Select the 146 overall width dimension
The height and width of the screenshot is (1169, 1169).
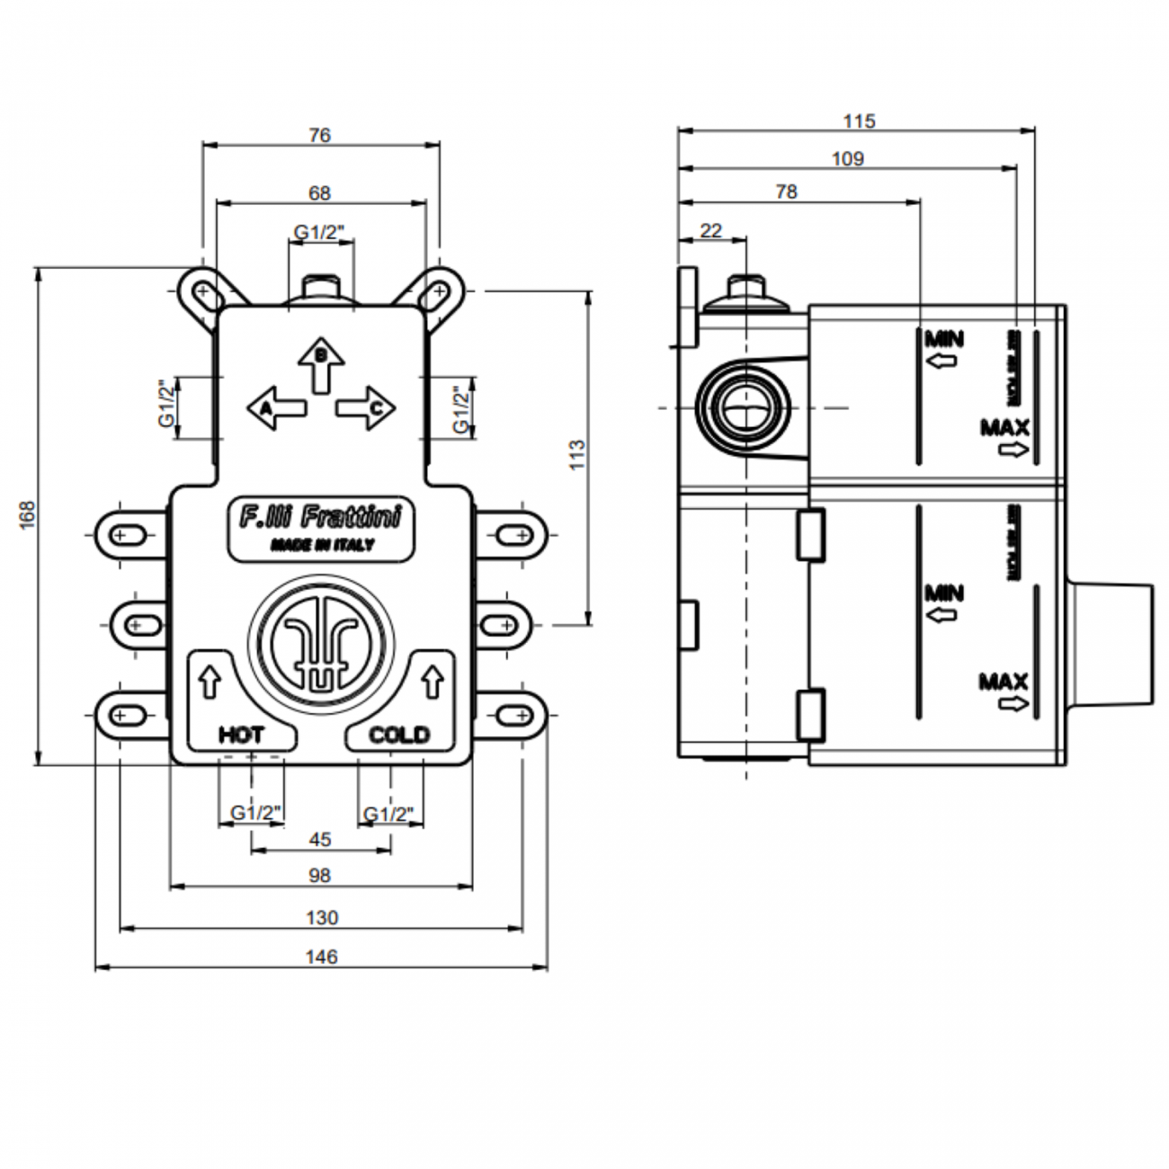click(321, 957)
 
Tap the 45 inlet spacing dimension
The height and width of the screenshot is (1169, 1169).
click(320, 840)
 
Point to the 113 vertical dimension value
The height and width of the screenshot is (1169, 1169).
click(577, 455)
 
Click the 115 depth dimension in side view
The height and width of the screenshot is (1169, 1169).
click(859, 120)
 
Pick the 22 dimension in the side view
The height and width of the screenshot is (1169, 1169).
click(710, 231)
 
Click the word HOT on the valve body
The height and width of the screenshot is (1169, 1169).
click(241, 736)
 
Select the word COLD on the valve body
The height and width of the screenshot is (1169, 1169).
click(399, 736)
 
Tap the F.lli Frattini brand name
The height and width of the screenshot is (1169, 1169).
click(320, 519)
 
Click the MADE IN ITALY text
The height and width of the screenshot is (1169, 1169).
click(321, 546)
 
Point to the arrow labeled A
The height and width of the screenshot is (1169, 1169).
click(275, 408)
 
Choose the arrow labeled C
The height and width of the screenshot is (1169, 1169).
click(367, 408)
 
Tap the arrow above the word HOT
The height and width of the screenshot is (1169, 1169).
click(210, 682)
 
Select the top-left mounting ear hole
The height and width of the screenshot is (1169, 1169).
click(203, 293)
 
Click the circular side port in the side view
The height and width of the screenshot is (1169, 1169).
click(743, 409)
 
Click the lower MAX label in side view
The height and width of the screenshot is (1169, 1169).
click(1004, 683)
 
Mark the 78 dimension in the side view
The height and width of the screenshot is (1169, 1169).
click(786, 192)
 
